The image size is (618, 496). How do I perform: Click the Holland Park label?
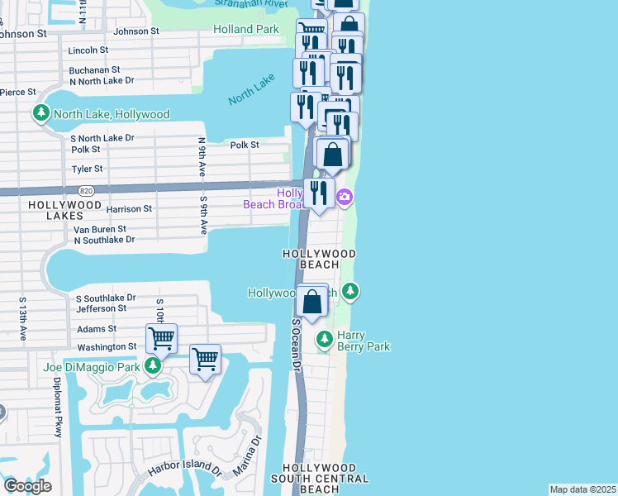[x=245, y=29]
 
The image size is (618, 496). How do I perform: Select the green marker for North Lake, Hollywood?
[x=40, y=114]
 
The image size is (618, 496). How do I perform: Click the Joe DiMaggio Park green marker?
[x=152, y=365]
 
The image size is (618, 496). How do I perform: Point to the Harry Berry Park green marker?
[x=325, y=339]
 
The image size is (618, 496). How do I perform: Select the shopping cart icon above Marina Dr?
[x=205, y=360]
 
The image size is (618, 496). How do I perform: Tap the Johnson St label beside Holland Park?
[x=136, y=31]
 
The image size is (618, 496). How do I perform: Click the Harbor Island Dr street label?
[x=185, y=467]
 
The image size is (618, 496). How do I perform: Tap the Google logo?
[x=27, y=486]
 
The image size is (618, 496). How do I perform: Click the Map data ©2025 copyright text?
[x=582, y=489]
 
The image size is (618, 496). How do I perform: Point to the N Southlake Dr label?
[x=104, y=240]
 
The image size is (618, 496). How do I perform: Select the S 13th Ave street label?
[x=23, y=319]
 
